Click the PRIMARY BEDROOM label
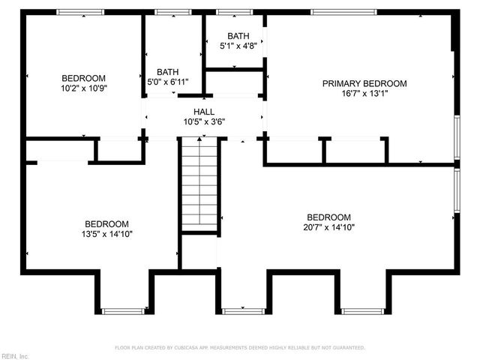364,83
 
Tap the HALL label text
205,111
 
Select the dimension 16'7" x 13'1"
364,94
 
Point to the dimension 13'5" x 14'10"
106,234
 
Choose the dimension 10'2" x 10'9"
83,88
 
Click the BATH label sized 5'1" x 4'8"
238,35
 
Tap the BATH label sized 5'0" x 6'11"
167,71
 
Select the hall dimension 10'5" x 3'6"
205,121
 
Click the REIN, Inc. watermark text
15,355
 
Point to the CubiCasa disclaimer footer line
239,348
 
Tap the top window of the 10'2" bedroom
81,12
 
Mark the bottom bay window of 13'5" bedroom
124,310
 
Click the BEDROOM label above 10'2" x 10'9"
83,78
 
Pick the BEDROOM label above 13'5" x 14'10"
106,223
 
